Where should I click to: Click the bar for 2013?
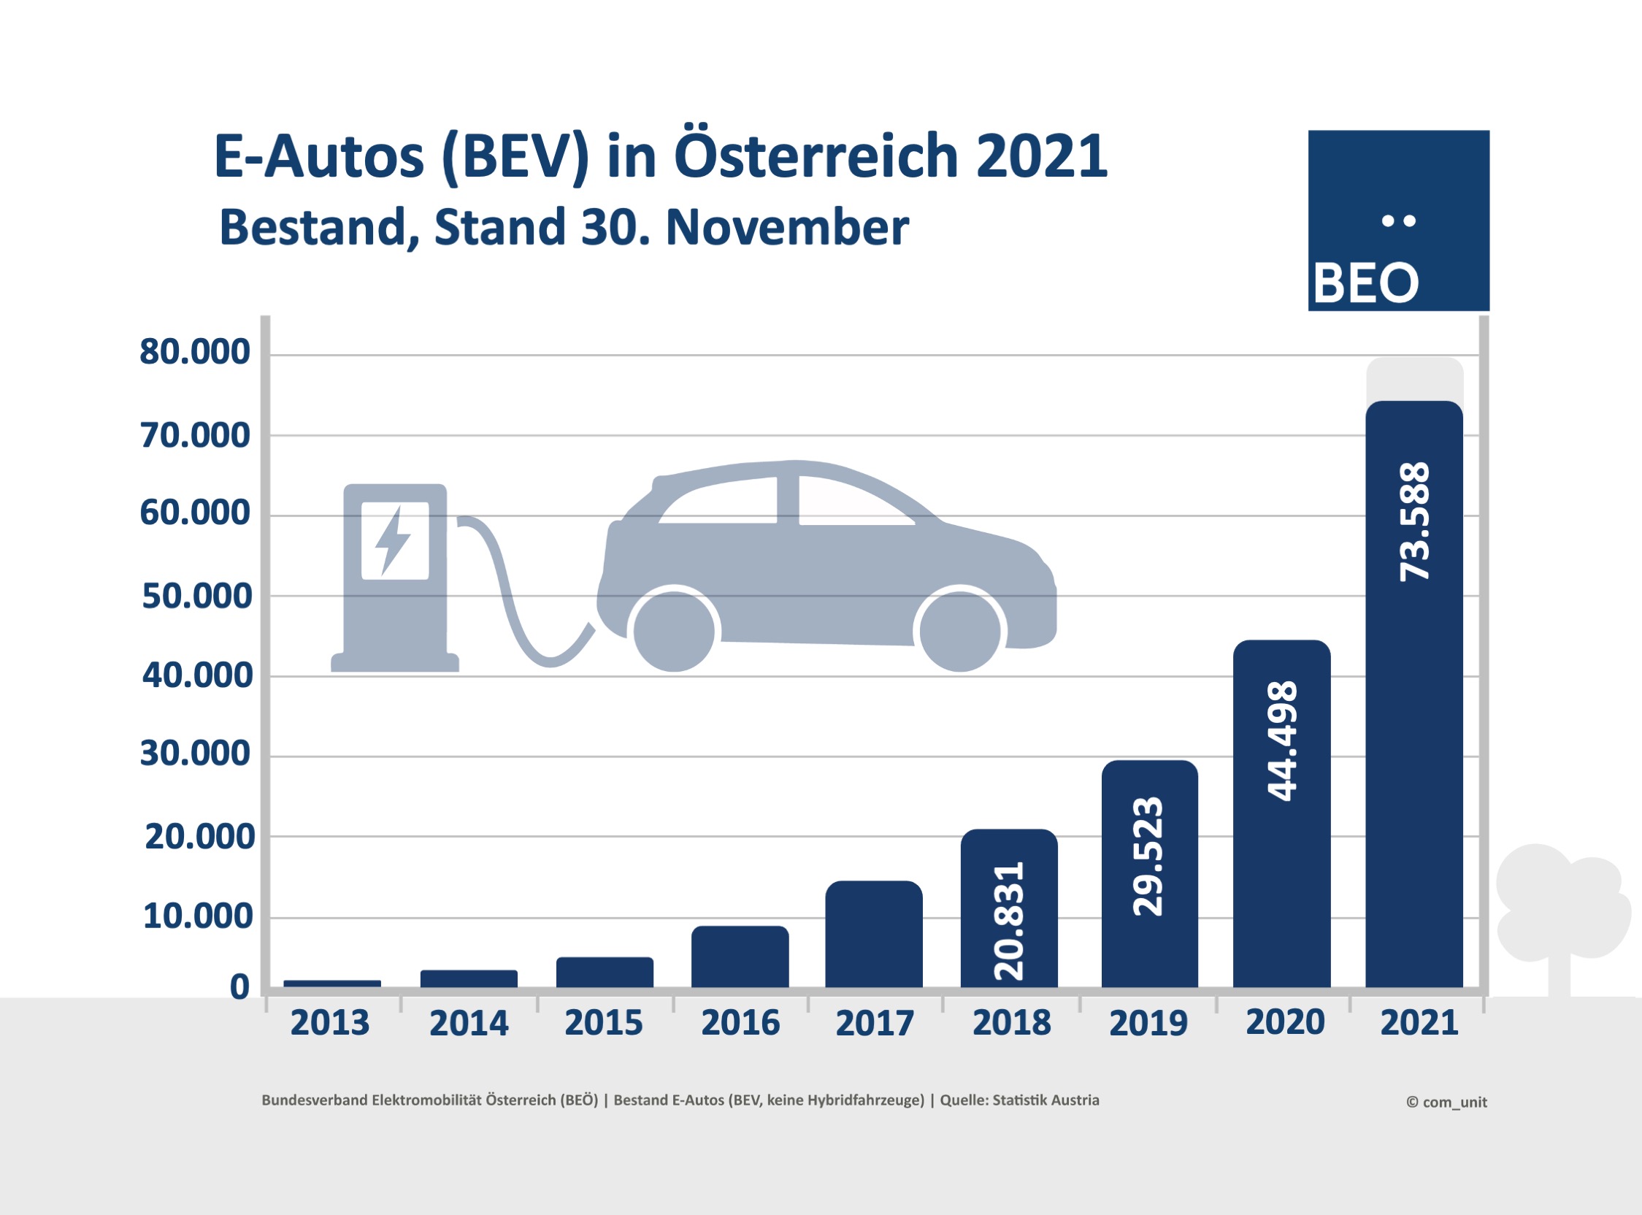tap(331, 984)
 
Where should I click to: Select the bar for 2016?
tap(740, 956)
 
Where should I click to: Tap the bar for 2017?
tap(874, 934)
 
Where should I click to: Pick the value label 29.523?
tap(1148, 856)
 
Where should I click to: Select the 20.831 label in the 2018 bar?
tap(1009, 921)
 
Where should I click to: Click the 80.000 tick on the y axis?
tap(195, 352)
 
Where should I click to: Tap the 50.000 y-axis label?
tap(196, 597)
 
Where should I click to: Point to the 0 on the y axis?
tap(239, 987)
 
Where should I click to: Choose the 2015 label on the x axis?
tap(604, 1023)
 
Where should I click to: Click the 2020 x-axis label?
tap(1285, 1022)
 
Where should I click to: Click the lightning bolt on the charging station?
tap(394, 540)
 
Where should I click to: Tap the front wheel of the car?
tap(960, 631)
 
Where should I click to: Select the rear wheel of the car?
tap(674, 631)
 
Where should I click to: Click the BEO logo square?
tap(1399, 221)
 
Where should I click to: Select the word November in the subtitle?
tap(787, 228)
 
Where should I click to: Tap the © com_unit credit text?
tap(1446, 1102)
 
